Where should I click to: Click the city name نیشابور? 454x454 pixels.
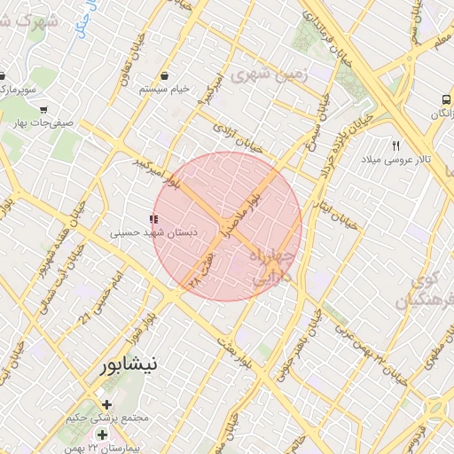pos(129,364)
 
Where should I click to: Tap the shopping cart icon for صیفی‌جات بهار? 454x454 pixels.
pos(43,110)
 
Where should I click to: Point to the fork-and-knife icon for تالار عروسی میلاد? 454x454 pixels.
pos(396,145)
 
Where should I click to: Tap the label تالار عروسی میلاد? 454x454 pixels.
pos(395,161)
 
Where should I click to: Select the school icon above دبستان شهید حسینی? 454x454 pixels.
pos(153,218)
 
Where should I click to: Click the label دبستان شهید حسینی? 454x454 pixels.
pos(153,233)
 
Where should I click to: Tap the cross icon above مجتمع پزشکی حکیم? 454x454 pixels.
pos(107,404)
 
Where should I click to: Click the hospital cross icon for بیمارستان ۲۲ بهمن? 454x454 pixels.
pos(102,434)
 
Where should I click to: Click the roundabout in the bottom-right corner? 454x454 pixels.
pos(435,411)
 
